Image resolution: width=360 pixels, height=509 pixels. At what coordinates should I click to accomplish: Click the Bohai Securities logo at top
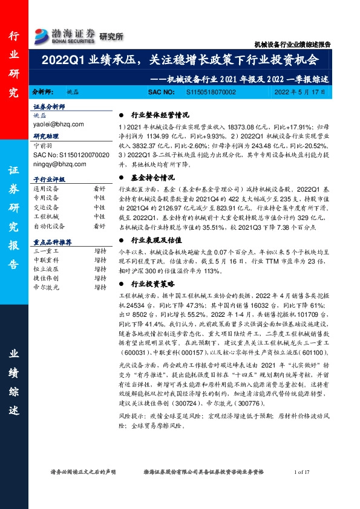(79, 35)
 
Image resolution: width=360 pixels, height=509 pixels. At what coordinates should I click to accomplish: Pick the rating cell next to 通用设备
(99, 189)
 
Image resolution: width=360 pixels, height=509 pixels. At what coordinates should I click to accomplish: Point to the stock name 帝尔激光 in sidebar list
(46, 288)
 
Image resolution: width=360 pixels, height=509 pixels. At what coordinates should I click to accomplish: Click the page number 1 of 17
(301, 472)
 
